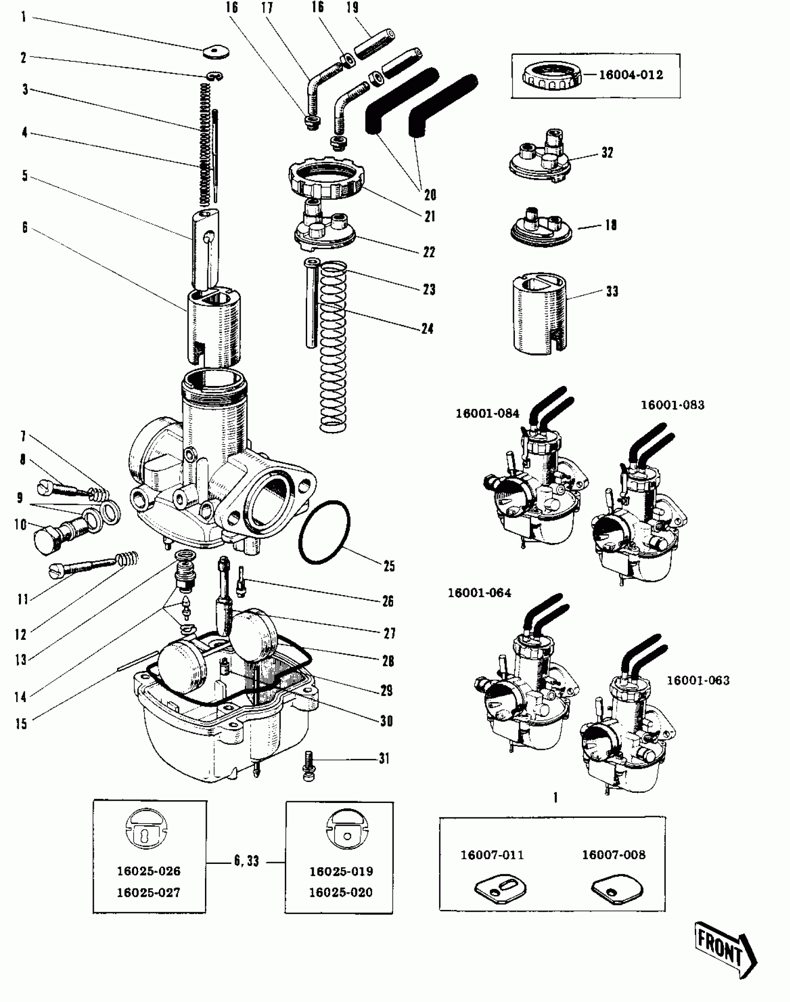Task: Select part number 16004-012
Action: tap(631, 75)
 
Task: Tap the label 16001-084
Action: tap(487, 413)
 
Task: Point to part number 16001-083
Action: tap(672, 405)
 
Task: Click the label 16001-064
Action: tap(479, 593)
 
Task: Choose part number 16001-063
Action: tap(698, 680)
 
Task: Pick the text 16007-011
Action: tap(492, 855)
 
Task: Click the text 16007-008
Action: tap(613, 855)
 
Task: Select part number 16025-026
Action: tap(148, 871)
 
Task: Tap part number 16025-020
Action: tap(341, 892)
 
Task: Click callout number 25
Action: tap(389, 566)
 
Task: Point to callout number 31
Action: tap(384, 759)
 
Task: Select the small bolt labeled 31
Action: tap(309, 766)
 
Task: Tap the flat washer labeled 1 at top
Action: tap(216, 53)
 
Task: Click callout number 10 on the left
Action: tap(20, 525)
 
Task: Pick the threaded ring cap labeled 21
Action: tap(326, 179)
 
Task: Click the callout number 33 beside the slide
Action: tap(612, 292)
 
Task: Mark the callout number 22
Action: tap(428, 252)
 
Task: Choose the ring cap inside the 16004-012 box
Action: tap(552, 75)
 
